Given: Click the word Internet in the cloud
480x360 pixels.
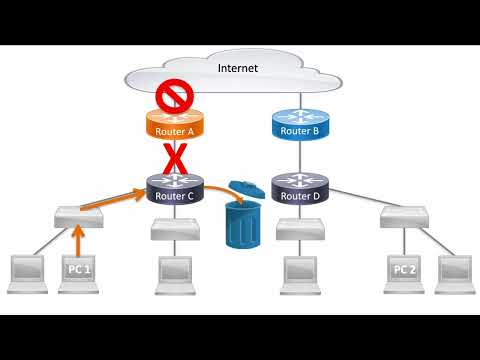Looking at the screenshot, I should pyautogui.click(x=238, y=68).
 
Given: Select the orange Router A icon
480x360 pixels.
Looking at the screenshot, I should pyautogui.click(x=175, y=127).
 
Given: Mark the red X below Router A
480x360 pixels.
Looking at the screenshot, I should pyautogui.click(x=176, y=159).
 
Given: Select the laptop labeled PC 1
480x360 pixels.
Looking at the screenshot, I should pyautogui.click(x=79, y=273).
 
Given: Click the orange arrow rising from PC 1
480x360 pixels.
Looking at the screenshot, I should pyautogui.click(x=78, y=238).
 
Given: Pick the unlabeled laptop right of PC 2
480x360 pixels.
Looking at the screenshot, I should pyautogui.click(x=455, y=273).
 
